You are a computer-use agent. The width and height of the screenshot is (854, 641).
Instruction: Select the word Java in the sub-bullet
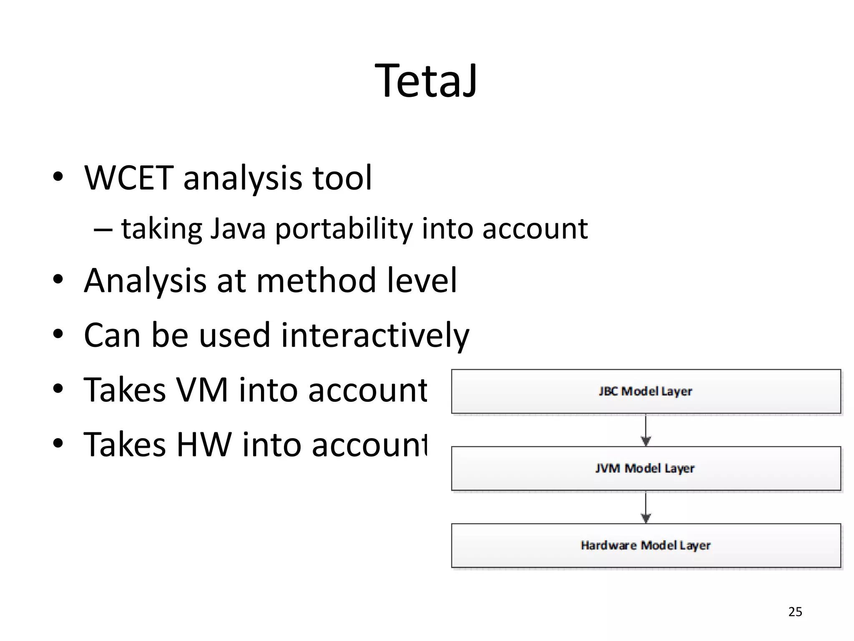238,229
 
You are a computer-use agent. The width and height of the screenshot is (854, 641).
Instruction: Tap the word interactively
375,336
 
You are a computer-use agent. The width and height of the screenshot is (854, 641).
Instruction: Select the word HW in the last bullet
204,445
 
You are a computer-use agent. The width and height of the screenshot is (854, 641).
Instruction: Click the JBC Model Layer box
646,391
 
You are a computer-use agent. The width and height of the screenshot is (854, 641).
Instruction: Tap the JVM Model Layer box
646,468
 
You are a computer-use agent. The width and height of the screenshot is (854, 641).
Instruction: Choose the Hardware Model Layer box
646,545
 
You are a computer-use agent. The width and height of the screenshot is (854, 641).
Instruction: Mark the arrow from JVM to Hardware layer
646,507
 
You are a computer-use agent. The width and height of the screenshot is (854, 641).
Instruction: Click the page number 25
795,612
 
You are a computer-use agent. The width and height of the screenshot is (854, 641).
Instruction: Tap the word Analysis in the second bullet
145,281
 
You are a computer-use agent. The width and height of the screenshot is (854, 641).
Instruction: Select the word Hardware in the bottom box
608,545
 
